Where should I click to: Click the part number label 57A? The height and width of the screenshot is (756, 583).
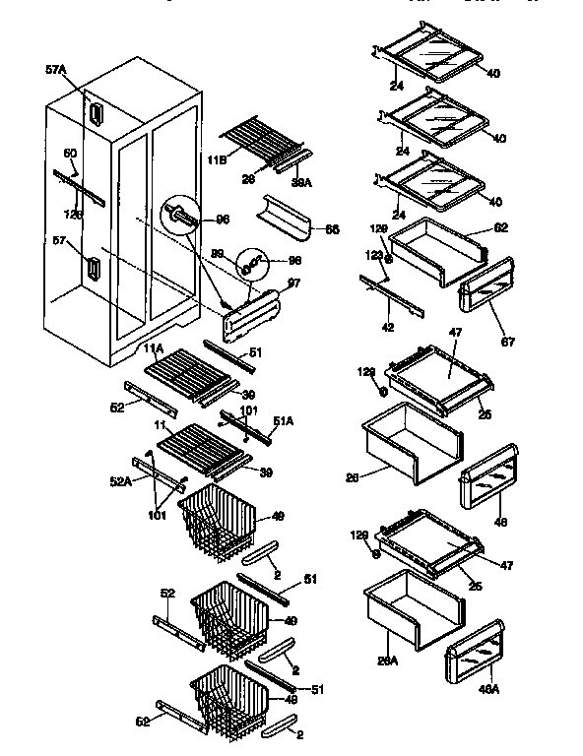(57, 71)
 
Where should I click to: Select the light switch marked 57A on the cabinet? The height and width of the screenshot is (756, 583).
(96, 114)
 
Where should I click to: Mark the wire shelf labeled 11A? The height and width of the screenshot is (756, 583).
(193, 373)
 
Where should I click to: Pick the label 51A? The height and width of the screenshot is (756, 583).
(283, 421)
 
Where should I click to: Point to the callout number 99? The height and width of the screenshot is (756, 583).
(218, 254)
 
